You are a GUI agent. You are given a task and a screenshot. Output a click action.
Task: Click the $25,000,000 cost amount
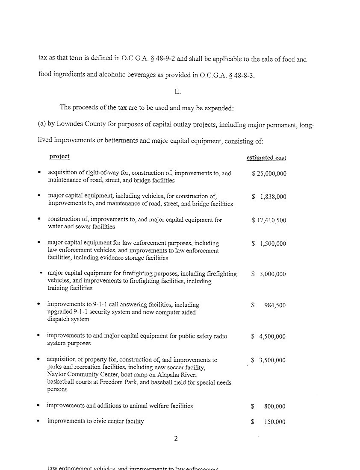269,173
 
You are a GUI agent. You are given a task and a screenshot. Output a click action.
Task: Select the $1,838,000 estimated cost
269,197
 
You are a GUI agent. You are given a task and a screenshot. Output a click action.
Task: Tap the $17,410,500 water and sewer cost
269,220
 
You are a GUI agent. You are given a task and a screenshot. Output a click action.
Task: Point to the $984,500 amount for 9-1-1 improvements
269,305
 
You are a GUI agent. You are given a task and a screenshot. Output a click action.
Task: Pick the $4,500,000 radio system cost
269,337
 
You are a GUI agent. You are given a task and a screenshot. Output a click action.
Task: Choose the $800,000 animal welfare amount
269,406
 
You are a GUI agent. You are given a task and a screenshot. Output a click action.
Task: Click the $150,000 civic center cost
269,422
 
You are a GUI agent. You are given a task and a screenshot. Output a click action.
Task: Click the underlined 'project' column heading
59,156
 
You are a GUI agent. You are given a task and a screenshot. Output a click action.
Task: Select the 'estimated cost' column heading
266,158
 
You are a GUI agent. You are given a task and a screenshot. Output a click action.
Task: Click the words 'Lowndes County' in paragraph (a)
77,126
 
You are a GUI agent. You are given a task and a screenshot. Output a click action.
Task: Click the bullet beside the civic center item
39,421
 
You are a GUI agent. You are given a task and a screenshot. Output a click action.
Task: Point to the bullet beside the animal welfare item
39,405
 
